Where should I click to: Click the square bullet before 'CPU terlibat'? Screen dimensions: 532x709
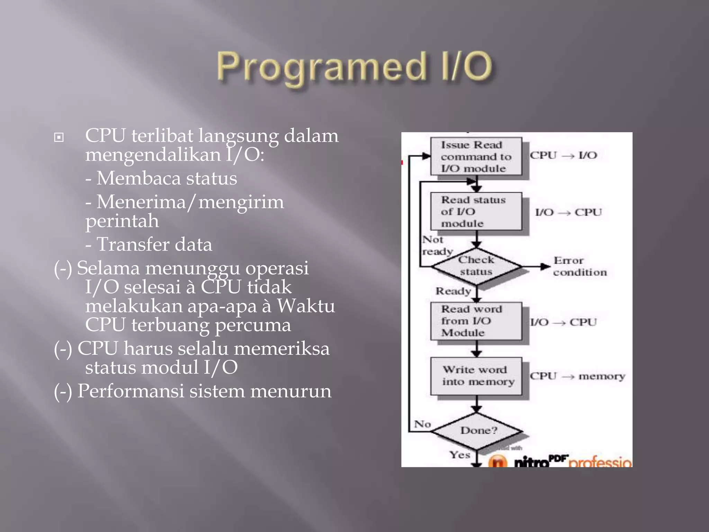click(x=59, y=138)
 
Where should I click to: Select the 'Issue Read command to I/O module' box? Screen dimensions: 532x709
click(x=476, y=157)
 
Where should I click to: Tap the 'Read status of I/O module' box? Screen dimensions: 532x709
click(x=476, y=211)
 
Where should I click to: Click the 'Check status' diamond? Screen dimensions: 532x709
click(x=476, y=266)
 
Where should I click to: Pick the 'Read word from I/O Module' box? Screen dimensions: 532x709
click(x=476, y=321)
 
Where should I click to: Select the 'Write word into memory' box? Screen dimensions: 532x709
click(x=476, y=376)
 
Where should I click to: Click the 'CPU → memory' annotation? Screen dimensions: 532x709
click(x=577, y=376)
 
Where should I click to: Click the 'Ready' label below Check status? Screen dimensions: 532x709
click(x=453, y=291)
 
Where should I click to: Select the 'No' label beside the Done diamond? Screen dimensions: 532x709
click(x=422, y=424)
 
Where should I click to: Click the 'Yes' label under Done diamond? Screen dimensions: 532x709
click(x=460, y=454)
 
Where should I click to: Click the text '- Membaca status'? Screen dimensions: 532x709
click(x=161, y=178)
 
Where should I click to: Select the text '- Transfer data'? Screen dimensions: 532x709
click(x=149, y=244)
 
